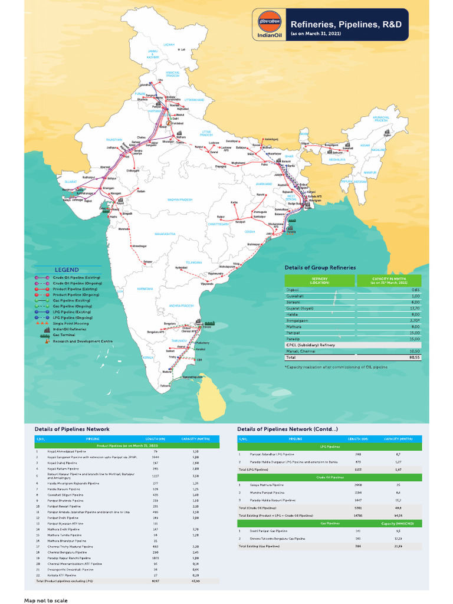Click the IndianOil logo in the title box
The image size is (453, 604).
tap(268, 24)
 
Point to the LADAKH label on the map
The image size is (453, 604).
tap(169, 44)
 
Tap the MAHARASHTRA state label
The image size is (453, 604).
tap(165, 234)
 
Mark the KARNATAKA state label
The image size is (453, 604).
tap(146, 289)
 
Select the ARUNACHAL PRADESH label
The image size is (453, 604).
tap(380, 119)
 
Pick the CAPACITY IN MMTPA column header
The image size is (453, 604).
tap(389, 281)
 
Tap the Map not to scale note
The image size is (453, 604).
tap(46, 600)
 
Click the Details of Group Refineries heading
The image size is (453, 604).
tap(320, 267)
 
